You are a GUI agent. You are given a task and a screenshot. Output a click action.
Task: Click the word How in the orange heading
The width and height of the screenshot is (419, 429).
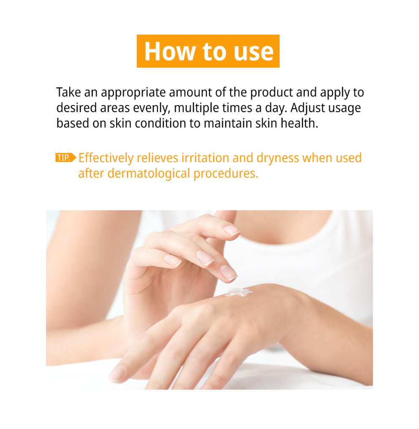click(169, 51)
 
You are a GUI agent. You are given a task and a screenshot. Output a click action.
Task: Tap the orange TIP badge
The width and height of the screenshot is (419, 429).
click(65, 158)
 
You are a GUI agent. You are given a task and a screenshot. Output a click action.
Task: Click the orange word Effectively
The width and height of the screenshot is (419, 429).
click(106, 158)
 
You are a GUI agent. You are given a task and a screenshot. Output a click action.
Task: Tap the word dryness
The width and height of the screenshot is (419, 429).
click(278, 158)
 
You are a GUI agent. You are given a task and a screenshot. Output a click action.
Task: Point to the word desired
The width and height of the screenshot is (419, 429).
click(76, 108)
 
